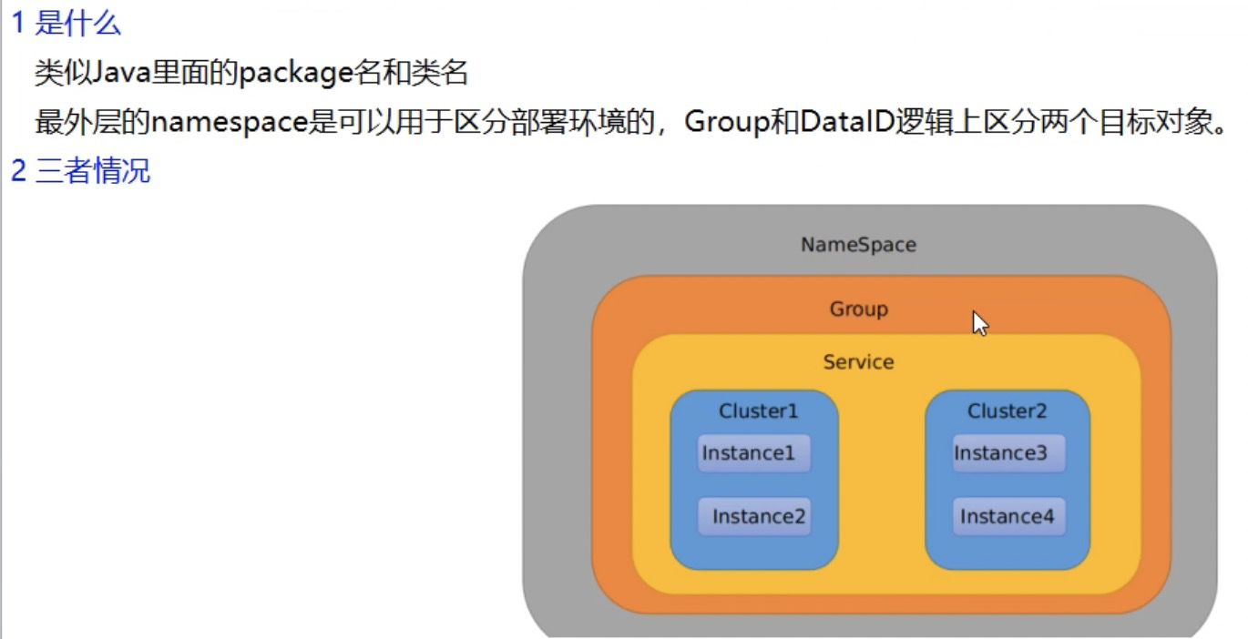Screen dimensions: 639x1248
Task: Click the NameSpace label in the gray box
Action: (x=858, y=245)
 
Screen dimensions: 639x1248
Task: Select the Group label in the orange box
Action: (x=858, y=309)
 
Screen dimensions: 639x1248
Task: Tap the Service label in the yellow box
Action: (x=858, y=362)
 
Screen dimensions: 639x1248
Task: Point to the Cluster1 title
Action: (x=758, y=411)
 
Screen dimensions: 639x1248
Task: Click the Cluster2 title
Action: (x=1007, y=411)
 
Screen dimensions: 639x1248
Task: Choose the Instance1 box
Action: (x=753, y=453)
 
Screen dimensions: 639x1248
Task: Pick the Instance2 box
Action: (x=755, y=517)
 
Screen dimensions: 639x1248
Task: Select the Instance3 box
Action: (x=1008, y=453)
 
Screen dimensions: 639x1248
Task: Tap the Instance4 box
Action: (x=1008, y=517)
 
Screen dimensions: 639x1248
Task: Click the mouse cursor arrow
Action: (x=978, y=321)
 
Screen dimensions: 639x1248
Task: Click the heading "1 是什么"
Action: (x=66, y=24)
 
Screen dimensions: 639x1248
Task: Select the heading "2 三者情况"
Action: (x=80, y=170)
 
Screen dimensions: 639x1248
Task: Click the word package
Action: (x=295, y=74)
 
